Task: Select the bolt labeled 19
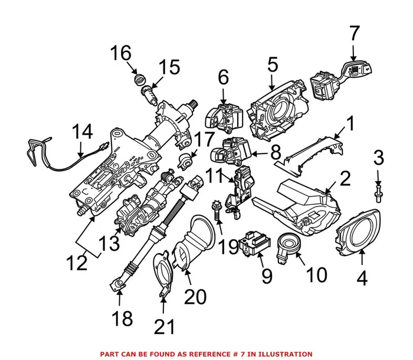coord(218,211)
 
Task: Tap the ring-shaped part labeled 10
coord(288,244)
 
